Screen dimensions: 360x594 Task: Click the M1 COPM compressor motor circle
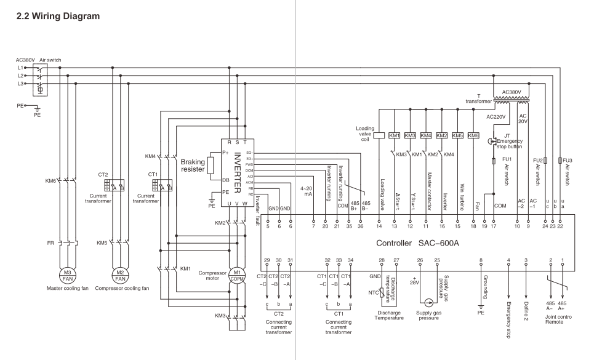click(237, 274)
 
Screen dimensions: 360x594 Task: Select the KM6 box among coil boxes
click(473, 135)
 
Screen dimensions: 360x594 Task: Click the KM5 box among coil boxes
click(457, 135)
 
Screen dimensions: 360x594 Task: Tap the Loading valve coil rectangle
click(379, 135)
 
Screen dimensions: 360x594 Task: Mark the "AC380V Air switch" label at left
click(39, 60)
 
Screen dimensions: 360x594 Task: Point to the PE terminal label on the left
click(20, 106)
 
